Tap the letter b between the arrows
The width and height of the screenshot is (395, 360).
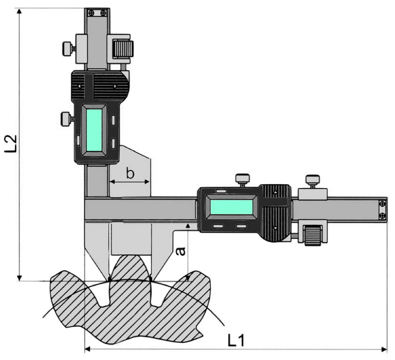(130, 173)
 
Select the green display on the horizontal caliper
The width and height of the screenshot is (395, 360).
(231, 207)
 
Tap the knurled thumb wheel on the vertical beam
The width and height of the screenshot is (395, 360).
(123, 48)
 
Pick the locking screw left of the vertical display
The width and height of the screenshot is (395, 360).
(67, 119)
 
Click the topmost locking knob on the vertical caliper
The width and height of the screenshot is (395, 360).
(67, 47)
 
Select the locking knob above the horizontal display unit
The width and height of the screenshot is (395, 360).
(242, 179)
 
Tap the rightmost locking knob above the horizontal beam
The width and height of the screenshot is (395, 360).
(312, 180)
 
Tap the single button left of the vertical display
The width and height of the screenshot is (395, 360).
(78, 140)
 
